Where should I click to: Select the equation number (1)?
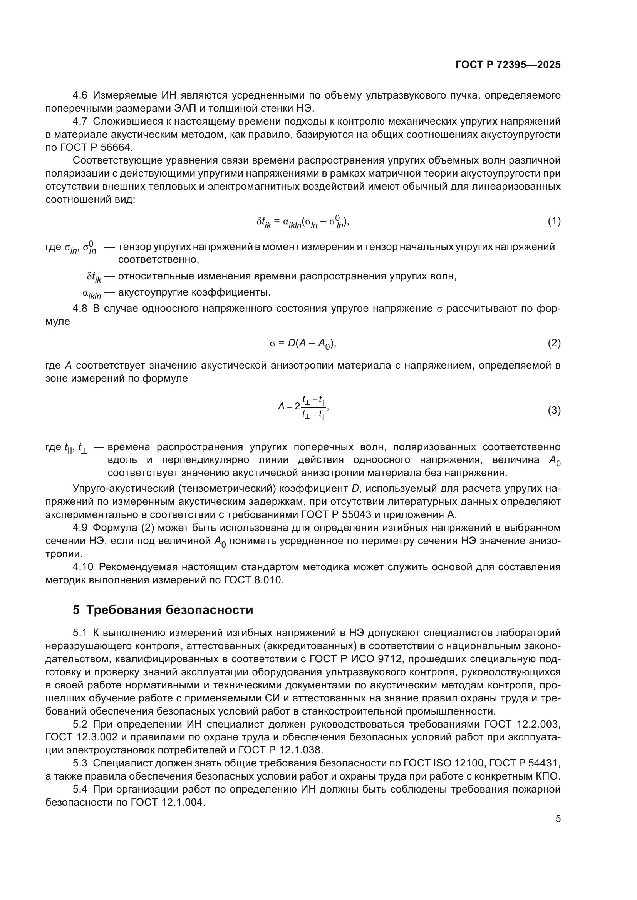[554, 222]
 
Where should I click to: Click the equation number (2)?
[554, 343]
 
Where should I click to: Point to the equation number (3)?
[554, 411]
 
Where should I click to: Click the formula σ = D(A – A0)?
[303, 344]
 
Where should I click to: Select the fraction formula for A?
[303, 407]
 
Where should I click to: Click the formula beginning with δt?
[303, 222]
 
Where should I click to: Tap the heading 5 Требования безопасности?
[163, 610]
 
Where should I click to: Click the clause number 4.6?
[80, 95]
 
